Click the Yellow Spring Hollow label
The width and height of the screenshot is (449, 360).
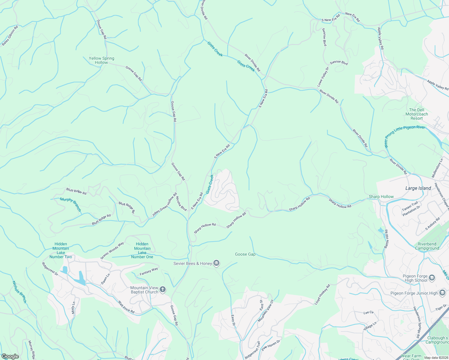(x=101, y=60)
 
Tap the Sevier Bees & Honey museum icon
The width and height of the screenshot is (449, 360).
(x=217, y=263)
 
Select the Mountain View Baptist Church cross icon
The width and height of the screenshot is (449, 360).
(x=163, y=289)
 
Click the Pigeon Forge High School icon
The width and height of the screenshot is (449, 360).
(x=432, y=277)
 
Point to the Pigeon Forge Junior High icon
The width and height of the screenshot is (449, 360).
(x=442, y=293)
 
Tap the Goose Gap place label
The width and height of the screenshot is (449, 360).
(x=245, y=254)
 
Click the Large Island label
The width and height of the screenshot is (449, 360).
(x=418, y=188)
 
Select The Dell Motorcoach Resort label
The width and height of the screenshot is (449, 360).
(x=417, y=114)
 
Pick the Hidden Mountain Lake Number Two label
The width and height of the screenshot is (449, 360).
(x=61, y=250)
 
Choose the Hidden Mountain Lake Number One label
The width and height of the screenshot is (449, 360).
(x=142, y=250)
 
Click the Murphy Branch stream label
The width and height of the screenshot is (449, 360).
(x=71, y=205)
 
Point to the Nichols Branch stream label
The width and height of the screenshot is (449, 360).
(x=20, y=292)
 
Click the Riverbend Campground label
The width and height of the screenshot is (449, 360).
(x=427, y=246)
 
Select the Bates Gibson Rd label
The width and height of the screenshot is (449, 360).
(x=10, y=36)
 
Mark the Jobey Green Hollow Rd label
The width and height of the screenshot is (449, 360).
(x=164, y=205)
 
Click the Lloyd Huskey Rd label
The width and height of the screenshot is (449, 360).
(x=322, y=295)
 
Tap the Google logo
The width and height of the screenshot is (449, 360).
(x=10, y=356)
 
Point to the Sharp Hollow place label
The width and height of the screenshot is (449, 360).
(x=381, y=196)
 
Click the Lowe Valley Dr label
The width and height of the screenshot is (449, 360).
(x=323, y=77)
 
